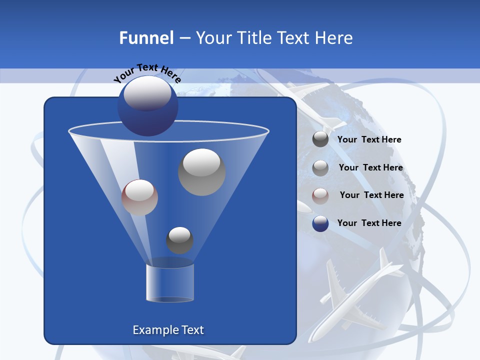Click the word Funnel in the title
146,38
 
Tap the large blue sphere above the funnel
147,106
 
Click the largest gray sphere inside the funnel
201,172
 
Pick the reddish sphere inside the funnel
139,197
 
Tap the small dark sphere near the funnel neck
179,240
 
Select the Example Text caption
168,330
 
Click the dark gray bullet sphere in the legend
320,139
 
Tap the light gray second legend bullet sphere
320,168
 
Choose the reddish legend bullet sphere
320,196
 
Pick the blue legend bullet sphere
320,223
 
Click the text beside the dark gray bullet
369,140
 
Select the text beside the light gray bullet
371,168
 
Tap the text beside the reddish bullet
372,195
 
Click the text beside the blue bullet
369,223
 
